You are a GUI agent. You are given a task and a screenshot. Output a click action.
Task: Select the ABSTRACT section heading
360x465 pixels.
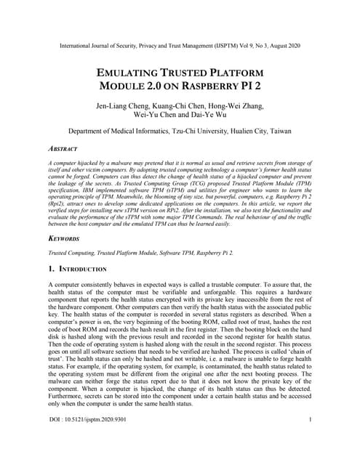coord(63,148)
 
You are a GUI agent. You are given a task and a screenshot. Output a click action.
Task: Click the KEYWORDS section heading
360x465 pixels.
coord(65,237)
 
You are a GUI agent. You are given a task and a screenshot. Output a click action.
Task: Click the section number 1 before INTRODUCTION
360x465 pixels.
coord(50,269)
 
